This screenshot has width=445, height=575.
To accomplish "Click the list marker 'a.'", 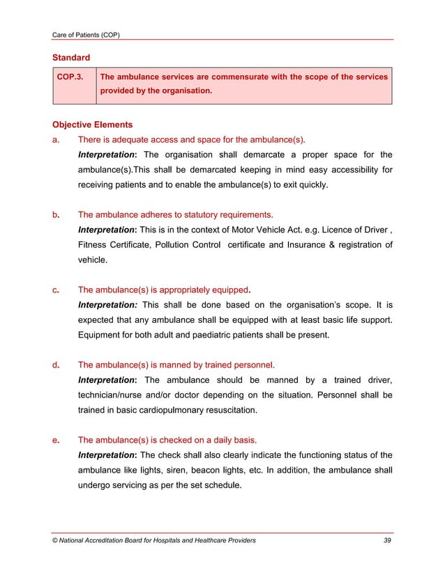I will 56,139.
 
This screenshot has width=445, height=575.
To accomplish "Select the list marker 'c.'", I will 56,290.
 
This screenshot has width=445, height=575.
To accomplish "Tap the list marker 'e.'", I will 56,440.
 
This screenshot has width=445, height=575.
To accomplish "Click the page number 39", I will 387,540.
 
